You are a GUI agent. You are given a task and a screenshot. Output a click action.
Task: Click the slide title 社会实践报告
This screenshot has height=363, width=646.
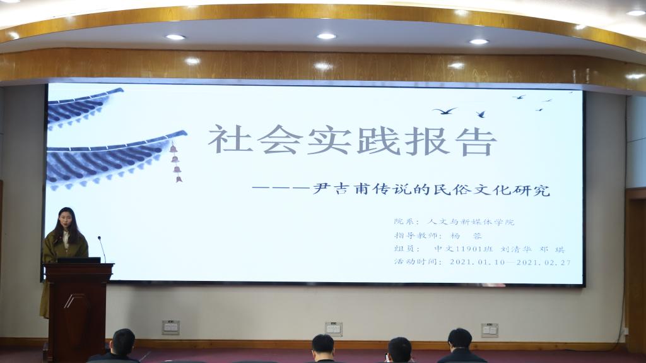pos(352,140)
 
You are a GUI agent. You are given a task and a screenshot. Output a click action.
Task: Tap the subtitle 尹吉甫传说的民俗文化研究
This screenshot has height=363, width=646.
pos(432,190)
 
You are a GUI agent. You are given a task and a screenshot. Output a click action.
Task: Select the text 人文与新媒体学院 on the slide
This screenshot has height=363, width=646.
pos(471,222)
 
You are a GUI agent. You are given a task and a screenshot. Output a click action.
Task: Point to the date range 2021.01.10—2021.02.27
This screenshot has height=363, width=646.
pos(510,262)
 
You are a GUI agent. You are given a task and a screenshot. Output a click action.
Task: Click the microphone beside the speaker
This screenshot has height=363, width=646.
pos(102,249)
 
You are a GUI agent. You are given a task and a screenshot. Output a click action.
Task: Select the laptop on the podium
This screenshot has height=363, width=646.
pos(78,260)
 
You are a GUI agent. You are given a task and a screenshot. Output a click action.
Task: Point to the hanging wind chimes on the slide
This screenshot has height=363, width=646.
pos(176,162)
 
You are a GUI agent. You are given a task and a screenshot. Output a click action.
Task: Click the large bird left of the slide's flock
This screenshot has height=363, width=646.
pos(445,110)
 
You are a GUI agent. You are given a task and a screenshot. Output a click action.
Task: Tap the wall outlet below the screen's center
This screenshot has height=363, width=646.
pos(333,329)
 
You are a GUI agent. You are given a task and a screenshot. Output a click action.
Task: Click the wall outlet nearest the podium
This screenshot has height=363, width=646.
pos(170,328)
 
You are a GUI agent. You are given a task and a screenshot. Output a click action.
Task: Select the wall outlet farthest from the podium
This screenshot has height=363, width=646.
pos(490,330)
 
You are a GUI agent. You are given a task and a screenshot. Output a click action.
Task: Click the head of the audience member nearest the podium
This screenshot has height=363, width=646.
pos(124,342)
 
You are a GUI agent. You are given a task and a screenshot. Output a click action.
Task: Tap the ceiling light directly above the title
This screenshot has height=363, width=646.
pos(326,37)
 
